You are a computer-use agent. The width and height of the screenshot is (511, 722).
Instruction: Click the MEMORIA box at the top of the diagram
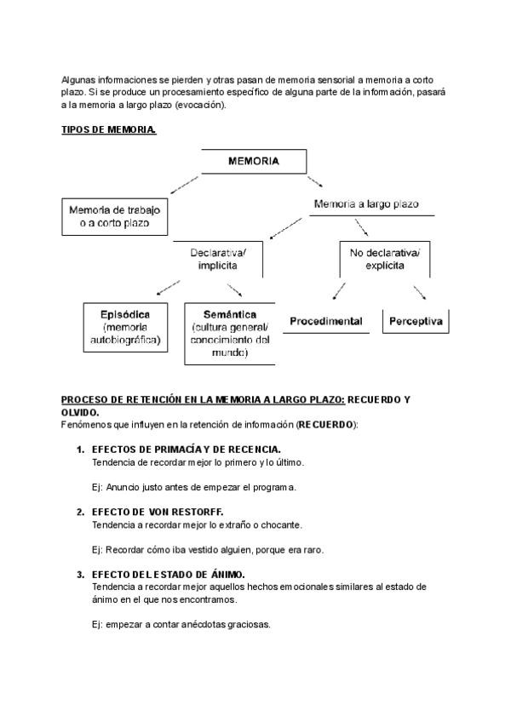[x=254, y=161]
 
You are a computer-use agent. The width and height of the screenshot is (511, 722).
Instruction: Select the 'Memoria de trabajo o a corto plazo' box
[x=114, y=216]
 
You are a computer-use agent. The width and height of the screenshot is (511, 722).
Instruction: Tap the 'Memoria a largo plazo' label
[x=366, y=204]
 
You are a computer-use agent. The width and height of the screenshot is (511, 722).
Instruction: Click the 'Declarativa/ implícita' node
[x=218, y=258]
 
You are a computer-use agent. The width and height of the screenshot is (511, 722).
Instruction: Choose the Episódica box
[x=130, y=327]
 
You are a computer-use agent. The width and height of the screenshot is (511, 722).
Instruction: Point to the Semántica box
[x=230, y=333]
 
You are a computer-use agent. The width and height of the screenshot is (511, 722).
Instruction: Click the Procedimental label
[x=326, y=321]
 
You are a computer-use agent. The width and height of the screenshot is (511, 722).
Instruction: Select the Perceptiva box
[x=416, y=321]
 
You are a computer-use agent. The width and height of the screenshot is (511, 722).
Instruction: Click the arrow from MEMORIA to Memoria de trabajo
[x=186, y=185]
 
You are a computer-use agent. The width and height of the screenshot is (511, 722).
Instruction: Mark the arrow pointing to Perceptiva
[x=419, y=292]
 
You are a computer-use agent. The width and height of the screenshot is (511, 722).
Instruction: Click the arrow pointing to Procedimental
[x=339, y=291]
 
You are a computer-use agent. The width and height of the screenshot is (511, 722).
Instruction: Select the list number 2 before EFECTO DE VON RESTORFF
[x=80, y=512]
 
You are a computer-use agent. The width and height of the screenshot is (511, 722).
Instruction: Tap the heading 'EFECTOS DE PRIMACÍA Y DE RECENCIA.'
[x=187, y=449]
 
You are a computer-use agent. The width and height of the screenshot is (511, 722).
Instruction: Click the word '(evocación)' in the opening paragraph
[x=198, y=104]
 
